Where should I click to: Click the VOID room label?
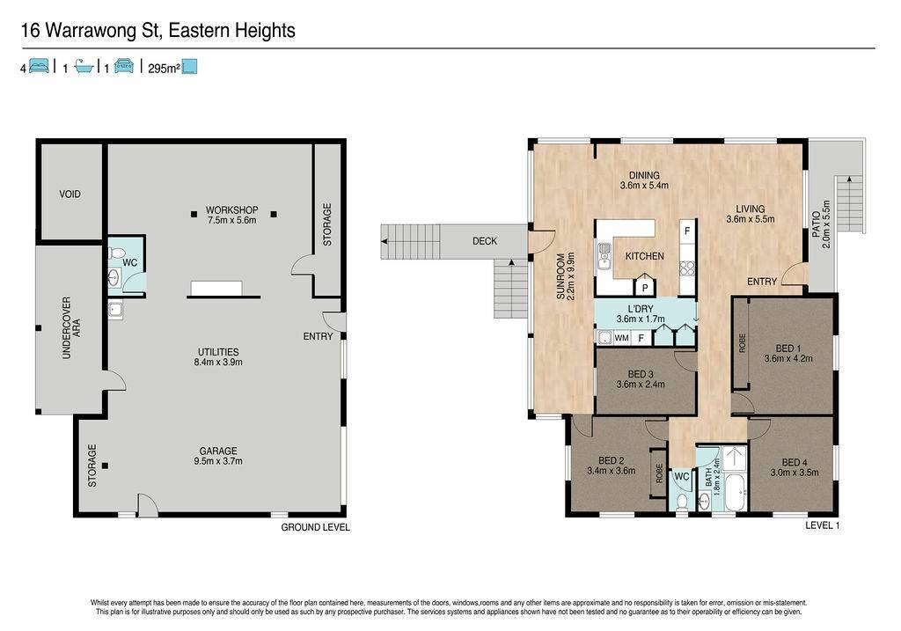tap(70, 194)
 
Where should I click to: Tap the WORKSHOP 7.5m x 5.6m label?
tap(232, 215)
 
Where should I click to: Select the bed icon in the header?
tap(39, 66)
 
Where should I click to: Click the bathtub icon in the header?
tap(84, 66)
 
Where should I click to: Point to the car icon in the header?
tap(124, 66)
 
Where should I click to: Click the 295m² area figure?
tap(164, 69)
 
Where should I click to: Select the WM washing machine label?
tap(622, 338)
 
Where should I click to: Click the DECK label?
tap(485, 241)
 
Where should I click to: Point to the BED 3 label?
tap(641, 375)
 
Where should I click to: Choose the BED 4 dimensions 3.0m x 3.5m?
tap(795, 473)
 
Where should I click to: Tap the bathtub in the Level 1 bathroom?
tap(735, 493)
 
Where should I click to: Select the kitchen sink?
tap(604, 257)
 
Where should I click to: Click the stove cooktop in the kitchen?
tap(687, 269)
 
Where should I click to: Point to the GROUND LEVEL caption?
tap(315, 527)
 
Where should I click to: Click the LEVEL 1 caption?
tap(823, 525)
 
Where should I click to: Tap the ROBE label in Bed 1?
tap(742, 343)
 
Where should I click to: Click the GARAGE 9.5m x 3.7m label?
tap(218, 456)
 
